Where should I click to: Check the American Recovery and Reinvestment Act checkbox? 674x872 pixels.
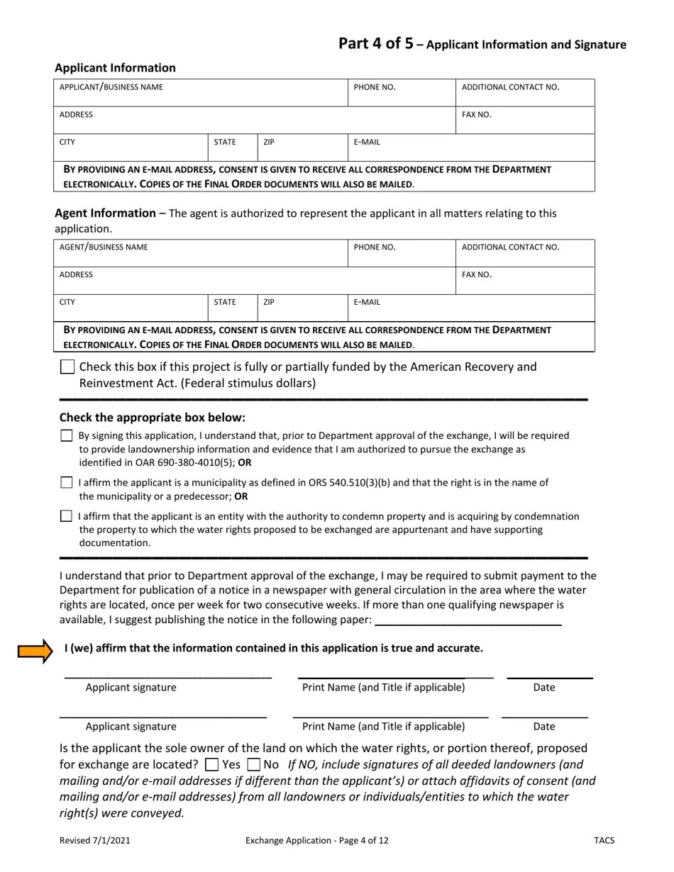click(x=67, y=367)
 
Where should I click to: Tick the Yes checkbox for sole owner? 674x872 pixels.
click(x=211, y=765)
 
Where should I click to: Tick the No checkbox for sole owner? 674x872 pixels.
click(x=253, y=765)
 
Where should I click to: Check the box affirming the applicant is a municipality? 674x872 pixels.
click(x=67, y=483)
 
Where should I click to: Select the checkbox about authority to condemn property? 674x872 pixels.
click(x=67, y=516)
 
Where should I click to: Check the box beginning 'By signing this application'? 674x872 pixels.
click(x=67, y=436)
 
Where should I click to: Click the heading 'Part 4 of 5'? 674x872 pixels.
click(x=375, y=44)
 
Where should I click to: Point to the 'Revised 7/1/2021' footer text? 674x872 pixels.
click(x=94, y=841)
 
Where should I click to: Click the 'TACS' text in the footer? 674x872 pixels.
click(x=604, y=841)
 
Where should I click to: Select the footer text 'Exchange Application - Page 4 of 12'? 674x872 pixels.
click(x=316, y=841)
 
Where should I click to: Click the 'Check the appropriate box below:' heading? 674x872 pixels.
click(x=153, y=418)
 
